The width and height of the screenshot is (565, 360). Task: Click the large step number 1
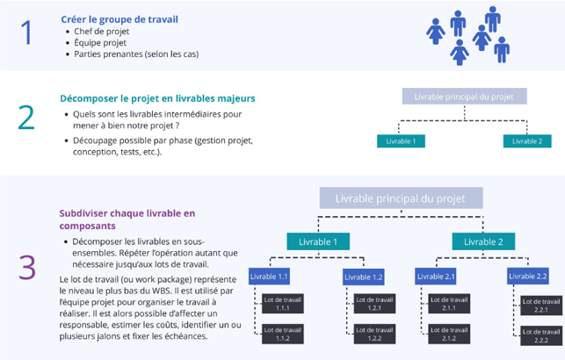(x=27, y=33)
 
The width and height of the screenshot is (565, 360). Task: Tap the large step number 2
(x=27, y=118)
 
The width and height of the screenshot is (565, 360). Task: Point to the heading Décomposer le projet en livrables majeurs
(x=157, y=98)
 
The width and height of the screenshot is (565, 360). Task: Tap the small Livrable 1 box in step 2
(x=401, y=140)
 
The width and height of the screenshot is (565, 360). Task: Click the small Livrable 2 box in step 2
(x=527, y=140)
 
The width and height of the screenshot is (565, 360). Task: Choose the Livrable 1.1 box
(x=270, y=277)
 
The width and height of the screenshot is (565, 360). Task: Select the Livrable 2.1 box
(x=437, y=277)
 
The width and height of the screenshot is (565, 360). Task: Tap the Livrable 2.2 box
(x=529, y=277)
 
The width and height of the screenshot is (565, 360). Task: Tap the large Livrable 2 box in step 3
(x=483, y=241)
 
